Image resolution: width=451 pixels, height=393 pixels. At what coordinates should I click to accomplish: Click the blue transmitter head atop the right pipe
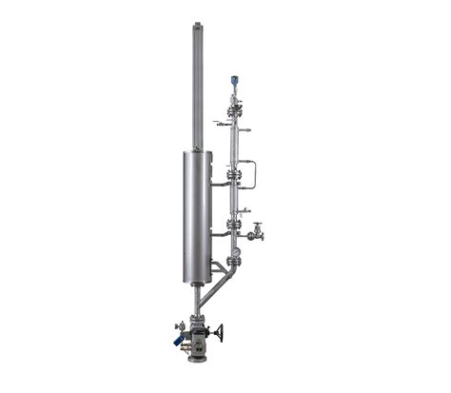(x=231, y=82)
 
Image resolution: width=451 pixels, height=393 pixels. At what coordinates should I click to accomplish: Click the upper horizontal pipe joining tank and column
(x=219, y=182)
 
